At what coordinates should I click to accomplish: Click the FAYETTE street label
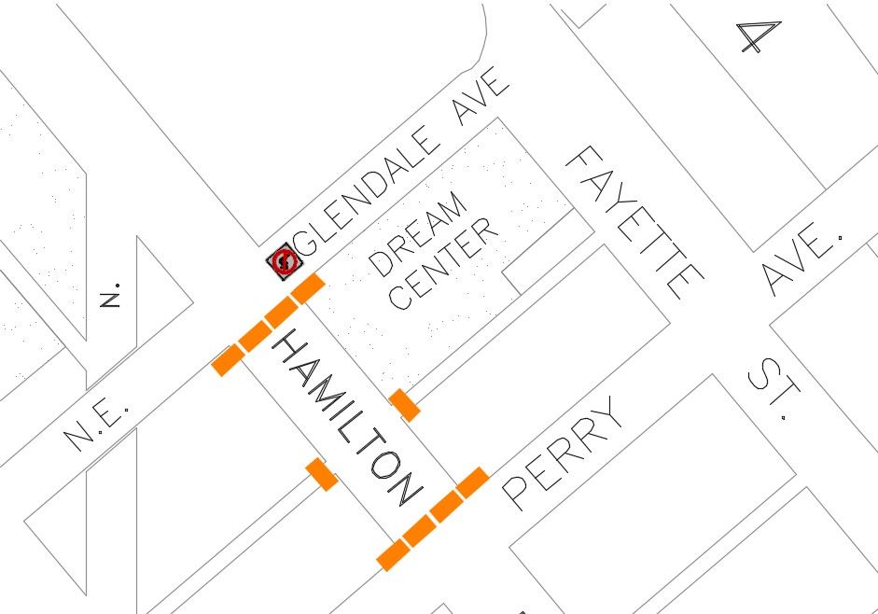(x=634, y=222)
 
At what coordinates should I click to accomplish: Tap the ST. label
(x=774, y=393)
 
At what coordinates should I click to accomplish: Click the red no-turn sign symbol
(x=283, y=262)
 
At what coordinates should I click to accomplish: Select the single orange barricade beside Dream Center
(x=404, y=405)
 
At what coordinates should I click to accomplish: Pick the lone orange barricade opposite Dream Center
(x=322, y=474)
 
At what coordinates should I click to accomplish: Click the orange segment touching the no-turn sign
(x=307, y=288)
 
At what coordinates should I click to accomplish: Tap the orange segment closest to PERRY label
(x=472, y=482)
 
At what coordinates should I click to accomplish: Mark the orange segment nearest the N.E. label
(x=226, y=359)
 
